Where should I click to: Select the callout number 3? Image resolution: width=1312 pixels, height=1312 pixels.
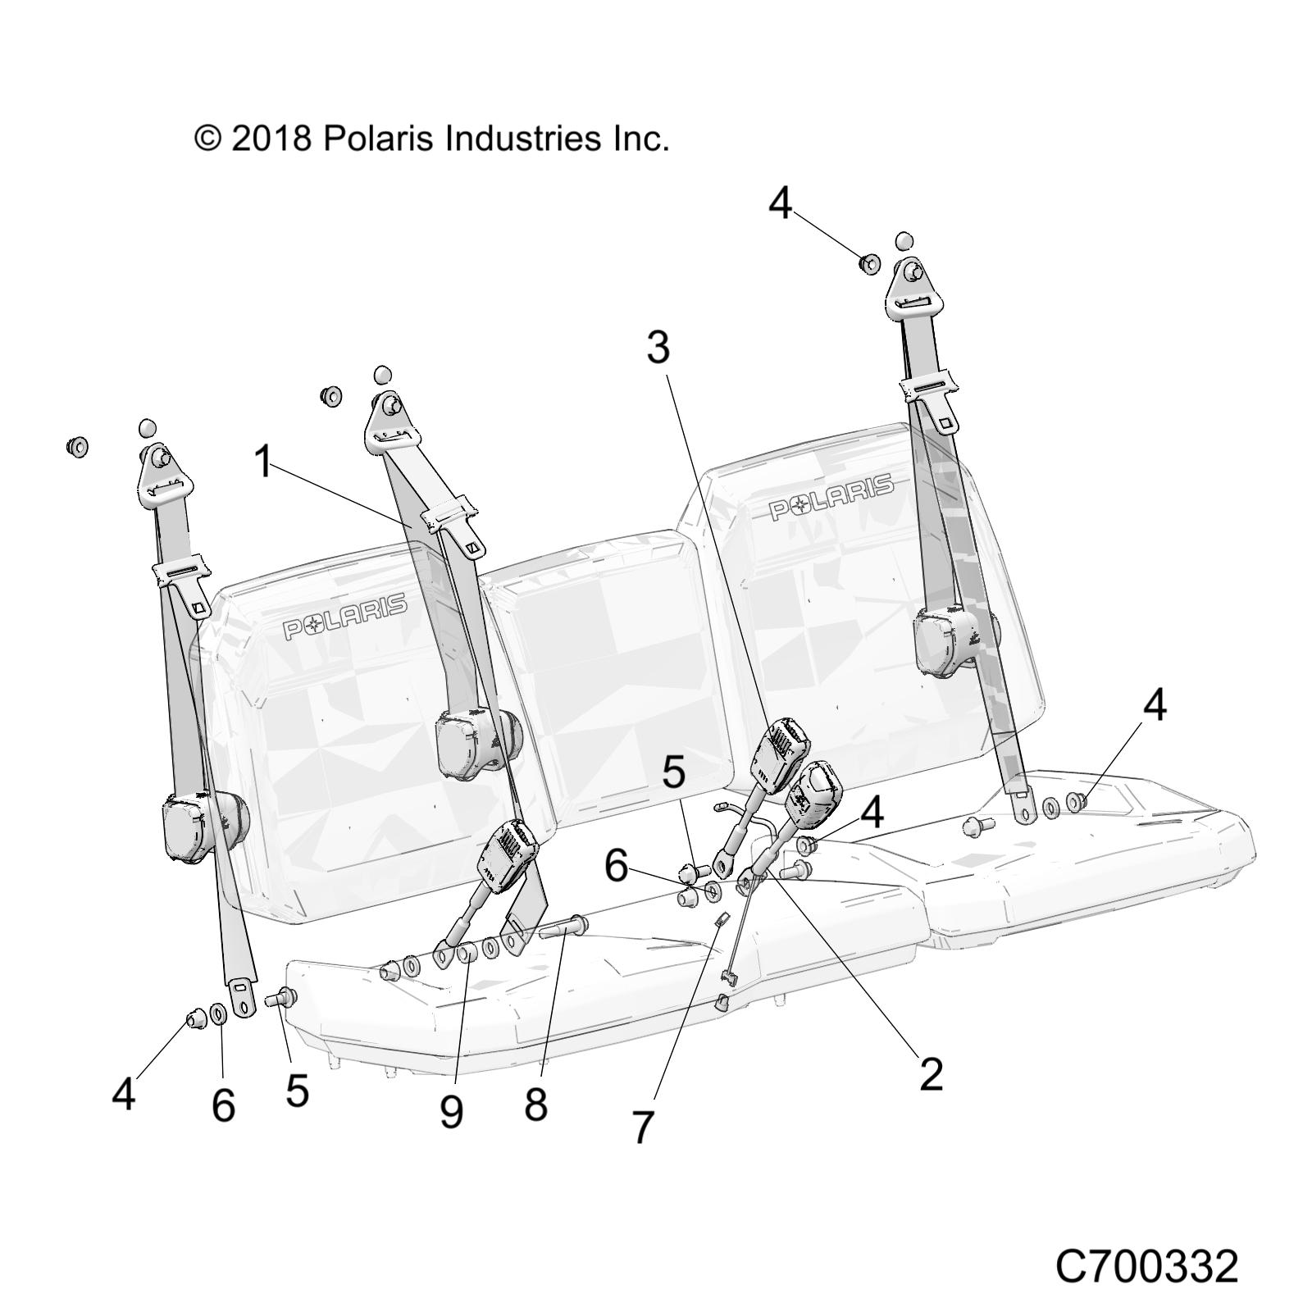pyautogui.click(x=658, y=348)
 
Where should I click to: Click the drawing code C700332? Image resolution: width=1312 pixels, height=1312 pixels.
pyautogui.click(x=1146, y=1243)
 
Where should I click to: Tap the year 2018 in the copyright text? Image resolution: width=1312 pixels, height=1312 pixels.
pyautogui.click(x=271, y=139)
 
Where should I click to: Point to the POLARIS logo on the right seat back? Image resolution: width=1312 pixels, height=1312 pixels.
pyautogui.click(x=831, y=497)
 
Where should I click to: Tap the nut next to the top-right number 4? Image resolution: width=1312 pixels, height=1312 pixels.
pyautogui.click(x=869, y=264)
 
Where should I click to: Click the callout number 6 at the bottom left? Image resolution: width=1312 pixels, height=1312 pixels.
pyautogui.click(x=223, y=1105)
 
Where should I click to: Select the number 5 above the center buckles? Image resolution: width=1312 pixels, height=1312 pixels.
pyautogui.click(x=673, y=772)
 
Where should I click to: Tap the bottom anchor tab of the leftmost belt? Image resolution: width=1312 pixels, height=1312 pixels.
pyautogui.click(x=241, y=995)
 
